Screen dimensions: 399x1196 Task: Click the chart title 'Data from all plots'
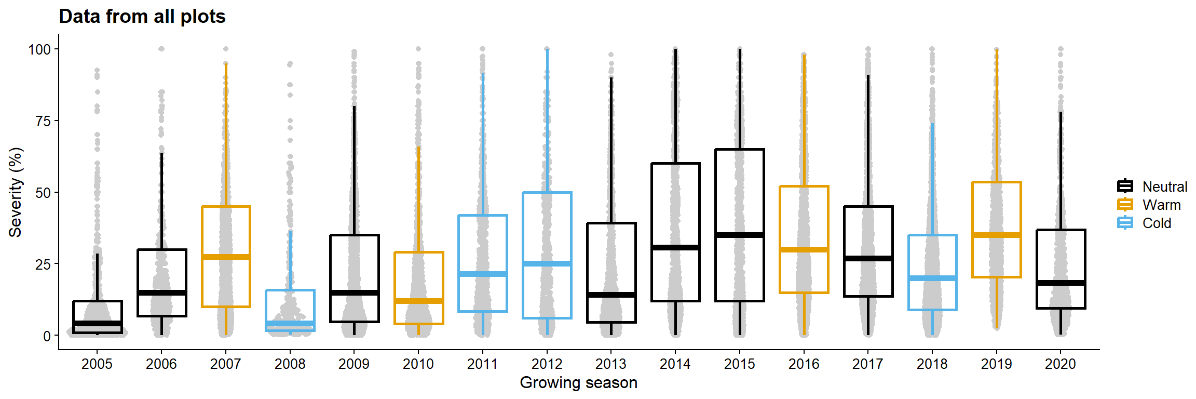[142, 17]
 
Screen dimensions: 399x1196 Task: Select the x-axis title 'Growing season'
[578, 383]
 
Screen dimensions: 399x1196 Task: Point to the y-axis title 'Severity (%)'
[16, 192]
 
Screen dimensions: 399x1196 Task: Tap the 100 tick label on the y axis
[39, 50]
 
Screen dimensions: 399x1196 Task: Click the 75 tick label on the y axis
[43, 122]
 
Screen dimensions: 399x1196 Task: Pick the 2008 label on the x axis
[290, 364]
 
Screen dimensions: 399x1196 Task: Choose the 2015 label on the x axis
[739, 364]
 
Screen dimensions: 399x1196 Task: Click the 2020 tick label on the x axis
[1060, 364]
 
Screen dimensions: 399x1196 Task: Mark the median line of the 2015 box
[739, 235]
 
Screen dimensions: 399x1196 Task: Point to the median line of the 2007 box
[226, 257]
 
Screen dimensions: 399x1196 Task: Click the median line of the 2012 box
[547, 263]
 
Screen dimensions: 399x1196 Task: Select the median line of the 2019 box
[996, 235]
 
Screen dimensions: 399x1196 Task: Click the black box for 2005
[98, 317]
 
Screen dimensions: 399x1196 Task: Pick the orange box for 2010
[418, 288]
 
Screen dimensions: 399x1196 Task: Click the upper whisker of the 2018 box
[932, 179]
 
